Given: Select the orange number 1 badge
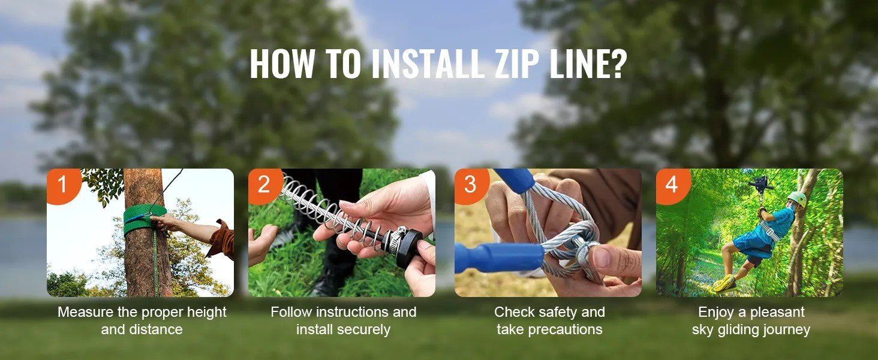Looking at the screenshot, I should click(62, 185).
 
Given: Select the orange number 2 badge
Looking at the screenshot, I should click(263, 185).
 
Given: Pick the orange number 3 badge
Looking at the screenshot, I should click(470, 185).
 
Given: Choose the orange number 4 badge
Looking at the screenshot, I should click(671, 185).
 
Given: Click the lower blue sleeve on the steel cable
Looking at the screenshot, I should click(498, 257).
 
